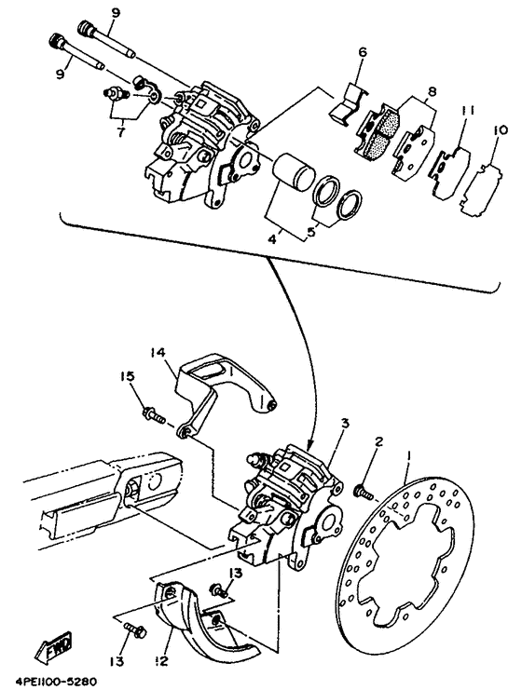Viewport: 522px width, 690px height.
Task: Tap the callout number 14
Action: (x=158, y=353)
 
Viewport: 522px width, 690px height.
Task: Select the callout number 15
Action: (x=127, y=377)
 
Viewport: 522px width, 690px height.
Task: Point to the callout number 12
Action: (x=162, y=660)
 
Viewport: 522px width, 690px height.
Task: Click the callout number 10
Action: (x=500, y=130)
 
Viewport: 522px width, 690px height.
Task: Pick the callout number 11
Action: (x=468, y=110)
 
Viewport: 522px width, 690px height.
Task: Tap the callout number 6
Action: (x=362, y=52)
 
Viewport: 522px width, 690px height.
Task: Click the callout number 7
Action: (x=120, y=131)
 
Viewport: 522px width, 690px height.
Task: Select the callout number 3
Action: (x=345, y=424)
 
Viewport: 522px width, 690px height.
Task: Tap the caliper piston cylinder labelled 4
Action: (x=293, y=172)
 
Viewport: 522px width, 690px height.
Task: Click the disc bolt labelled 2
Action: (x=363, y=491)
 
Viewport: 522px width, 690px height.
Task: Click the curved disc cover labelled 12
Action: (x=203, y=614)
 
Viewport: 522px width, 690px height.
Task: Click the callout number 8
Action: (x=432, y=92)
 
